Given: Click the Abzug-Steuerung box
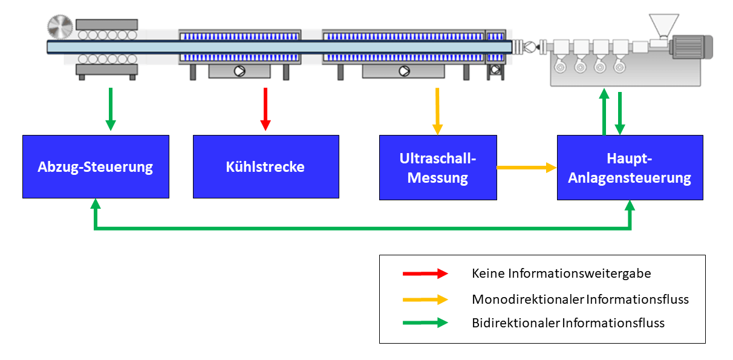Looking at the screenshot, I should pos(96,166).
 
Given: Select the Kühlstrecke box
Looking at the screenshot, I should pos(266,166).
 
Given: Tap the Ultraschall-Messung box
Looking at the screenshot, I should pos(438,168).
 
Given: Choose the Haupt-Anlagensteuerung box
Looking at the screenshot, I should pos(630,168).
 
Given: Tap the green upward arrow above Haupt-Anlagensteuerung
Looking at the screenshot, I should pos(604,111).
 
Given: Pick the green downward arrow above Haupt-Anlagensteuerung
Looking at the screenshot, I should pos(619,113).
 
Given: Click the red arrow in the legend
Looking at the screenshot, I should pos(425,273).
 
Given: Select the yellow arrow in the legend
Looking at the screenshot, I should pos(425,299).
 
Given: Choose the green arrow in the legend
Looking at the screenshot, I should pos(425,323).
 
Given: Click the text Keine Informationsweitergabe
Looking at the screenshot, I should pos(561,273).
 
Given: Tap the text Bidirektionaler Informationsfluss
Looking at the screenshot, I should pos(568,323).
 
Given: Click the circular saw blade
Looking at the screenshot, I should pos(60,27).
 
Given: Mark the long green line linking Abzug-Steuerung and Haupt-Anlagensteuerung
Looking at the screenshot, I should pos(363,229).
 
